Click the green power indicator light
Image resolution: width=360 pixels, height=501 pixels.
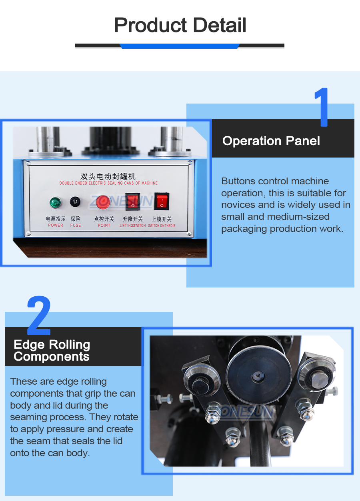pyautogui.click(x=55, y=202)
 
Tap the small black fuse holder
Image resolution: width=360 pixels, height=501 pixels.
pyautogui.click(x=75, y=202)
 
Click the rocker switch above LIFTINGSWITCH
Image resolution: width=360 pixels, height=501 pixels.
pyautogui.click(x=133, y=202)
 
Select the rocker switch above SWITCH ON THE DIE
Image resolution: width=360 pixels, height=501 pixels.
pyautogui.click(x=162, y=201)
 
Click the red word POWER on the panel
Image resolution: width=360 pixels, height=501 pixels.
pyautogui.click(x=56, y=225)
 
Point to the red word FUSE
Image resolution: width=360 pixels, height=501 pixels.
pyautogui.click(x=76, y=225)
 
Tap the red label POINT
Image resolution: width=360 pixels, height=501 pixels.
pyautogui.click(x=104, y=225)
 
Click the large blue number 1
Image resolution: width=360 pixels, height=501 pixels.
pyautogui.click(x=322, y=107)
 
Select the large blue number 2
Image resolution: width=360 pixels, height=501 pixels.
pyautogui.click(x=39, y=315)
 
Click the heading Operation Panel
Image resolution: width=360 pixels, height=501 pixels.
pyautogui.click(x=271, y=141)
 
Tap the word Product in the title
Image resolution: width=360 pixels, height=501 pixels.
pyautogui.click(x=150, y=25)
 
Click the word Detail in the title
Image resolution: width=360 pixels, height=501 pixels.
pyautogui.click(x=220, y=25)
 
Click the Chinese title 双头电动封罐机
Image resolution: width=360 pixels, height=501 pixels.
pyautogui.click(x=108, y=176)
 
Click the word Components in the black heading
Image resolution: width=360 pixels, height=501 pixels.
pyautogui.click(x=52, y=357)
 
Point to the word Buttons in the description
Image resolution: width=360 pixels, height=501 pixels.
pyautogui.click(x=238, y=181)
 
